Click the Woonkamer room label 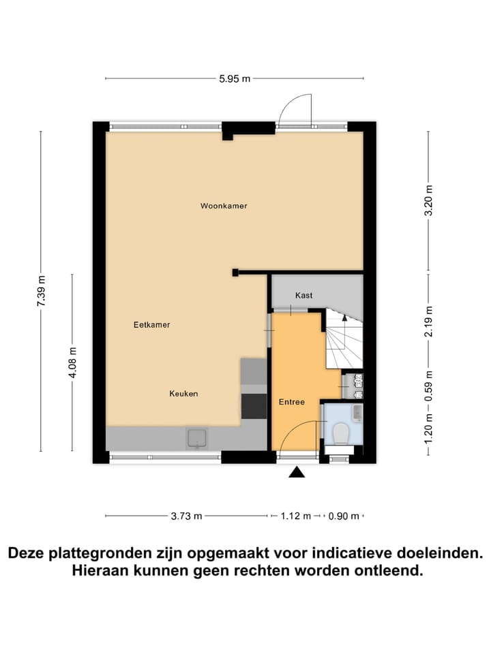[224, 206]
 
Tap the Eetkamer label [151, 325]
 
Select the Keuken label [183, 394]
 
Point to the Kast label [304, 295]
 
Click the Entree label [291, 402]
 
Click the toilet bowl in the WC [340, 432]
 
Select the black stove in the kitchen [254, 406]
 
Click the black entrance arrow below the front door [297, 472]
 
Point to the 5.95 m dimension [235, 78]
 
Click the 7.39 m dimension [42, 291]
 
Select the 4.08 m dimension [72, 362]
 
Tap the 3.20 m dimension [428, 200]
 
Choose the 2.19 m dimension [428, 322]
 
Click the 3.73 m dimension [186, 516]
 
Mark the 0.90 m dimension [344, 516]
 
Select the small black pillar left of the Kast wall [235, 272]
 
